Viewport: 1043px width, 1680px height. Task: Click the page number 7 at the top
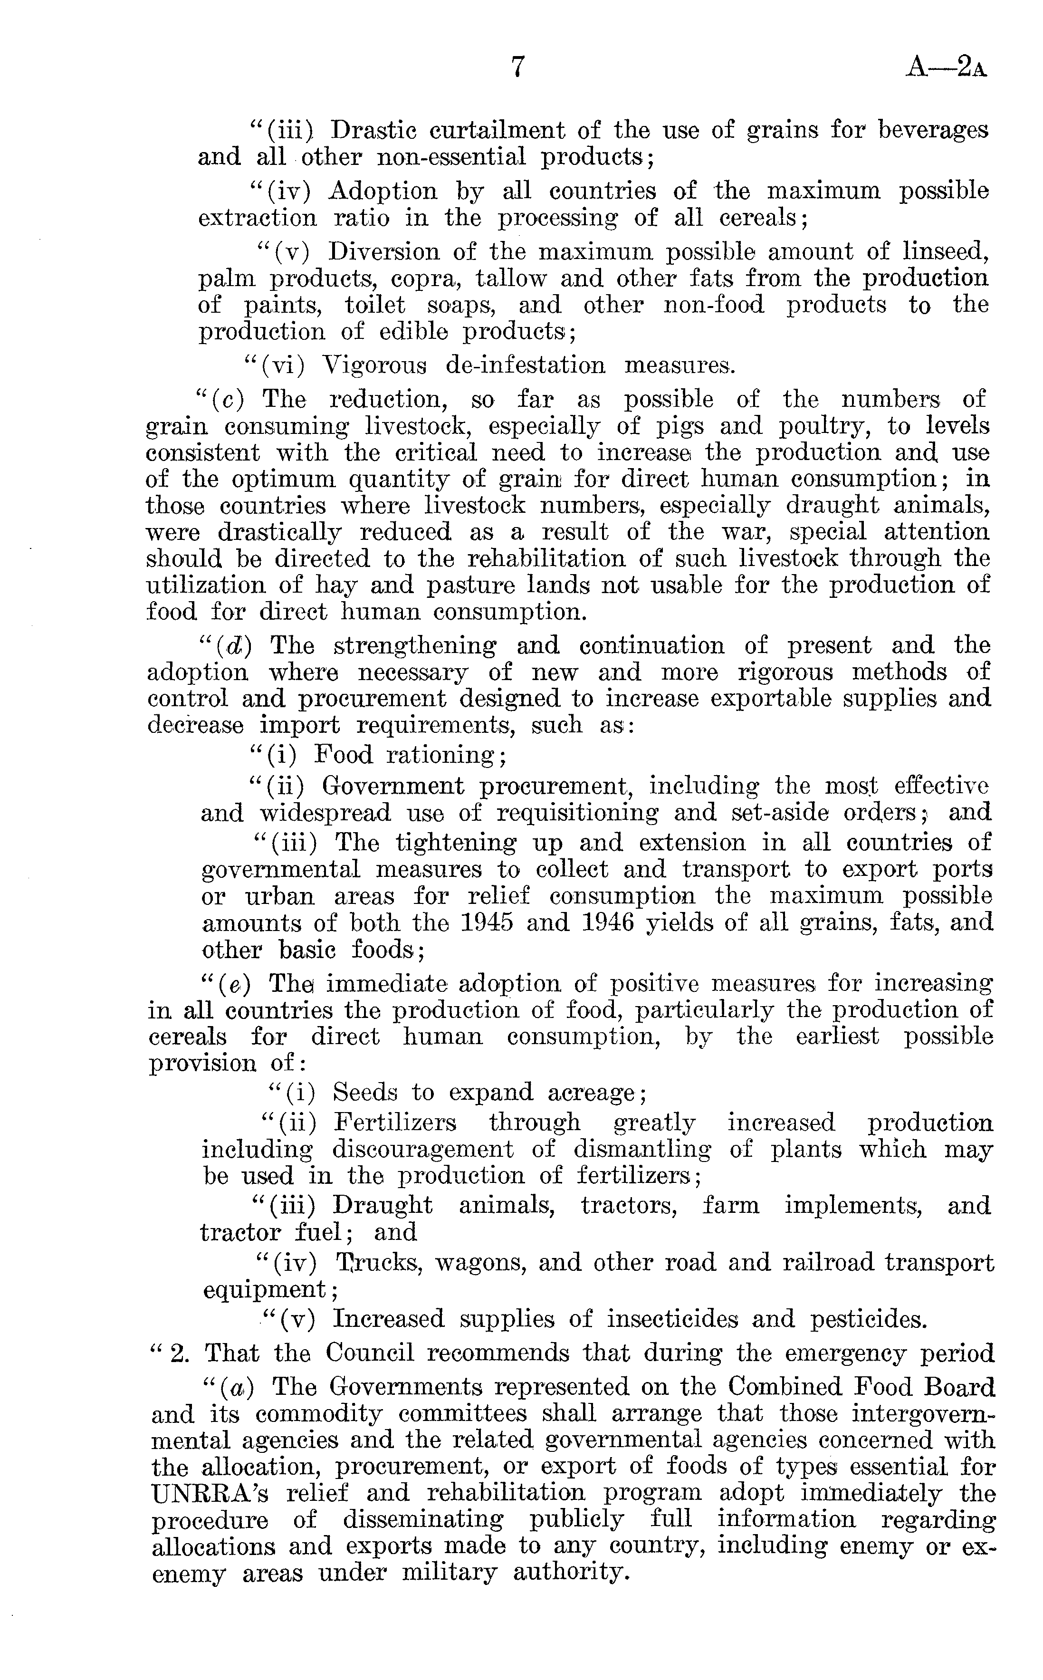[x=518, y=67]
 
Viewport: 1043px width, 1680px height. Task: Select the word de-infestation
[x=526, y=365]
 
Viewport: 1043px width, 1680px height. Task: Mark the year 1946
[x=607, y=923]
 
